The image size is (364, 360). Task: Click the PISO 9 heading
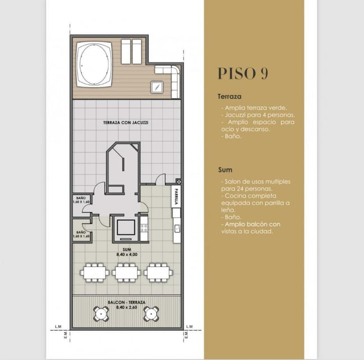point(243,73)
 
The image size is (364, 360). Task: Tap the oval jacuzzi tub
point(94,64)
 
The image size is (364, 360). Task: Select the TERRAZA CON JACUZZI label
point(126,123)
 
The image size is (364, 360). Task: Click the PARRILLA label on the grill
point(176,196)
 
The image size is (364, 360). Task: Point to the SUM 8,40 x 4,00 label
point(127,252)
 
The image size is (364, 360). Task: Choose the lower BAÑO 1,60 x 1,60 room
point(81,231)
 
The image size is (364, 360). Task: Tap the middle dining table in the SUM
point(126,273)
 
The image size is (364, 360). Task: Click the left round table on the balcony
point(101,314)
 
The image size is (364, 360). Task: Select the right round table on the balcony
point(151,314)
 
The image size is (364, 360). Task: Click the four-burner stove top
point(144,228)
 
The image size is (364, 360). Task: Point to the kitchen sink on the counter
point(177,229)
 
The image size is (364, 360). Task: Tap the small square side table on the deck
point(157,87)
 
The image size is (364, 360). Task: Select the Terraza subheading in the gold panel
point(229,96)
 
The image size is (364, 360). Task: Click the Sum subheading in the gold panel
point(225,170)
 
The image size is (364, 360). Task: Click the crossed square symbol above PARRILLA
point(178,182)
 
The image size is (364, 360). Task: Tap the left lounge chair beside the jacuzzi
point(126,51)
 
